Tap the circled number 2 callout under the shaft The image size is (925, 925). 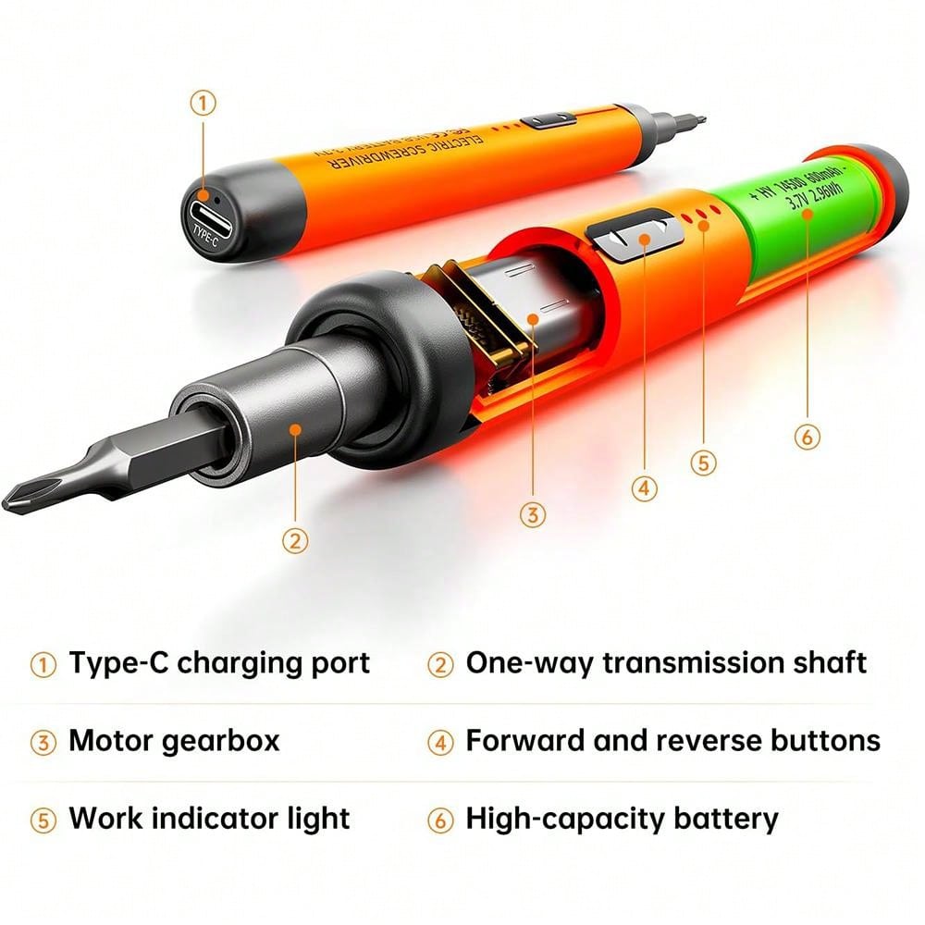coord(294,540)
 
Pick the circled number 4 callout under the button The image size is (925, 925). coord(645,487)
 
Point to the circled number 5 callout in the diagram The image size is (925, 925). coord(704,462)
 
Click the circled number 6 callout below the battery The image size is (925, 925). coord(807,436)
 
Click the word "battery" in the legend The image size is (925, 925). coord(718,819)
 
